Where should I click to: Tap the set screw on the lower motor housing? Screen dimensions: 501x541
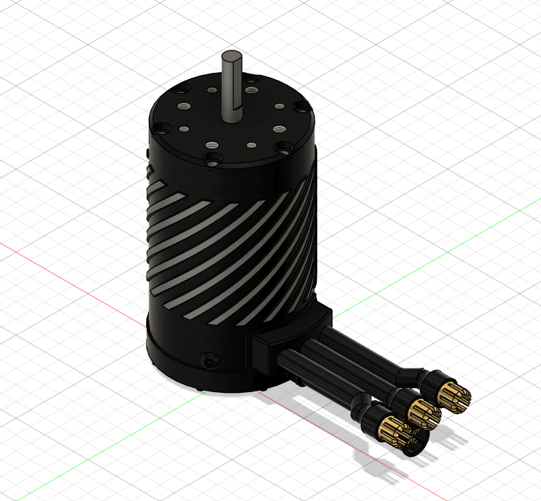click(x=210, y=360)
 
